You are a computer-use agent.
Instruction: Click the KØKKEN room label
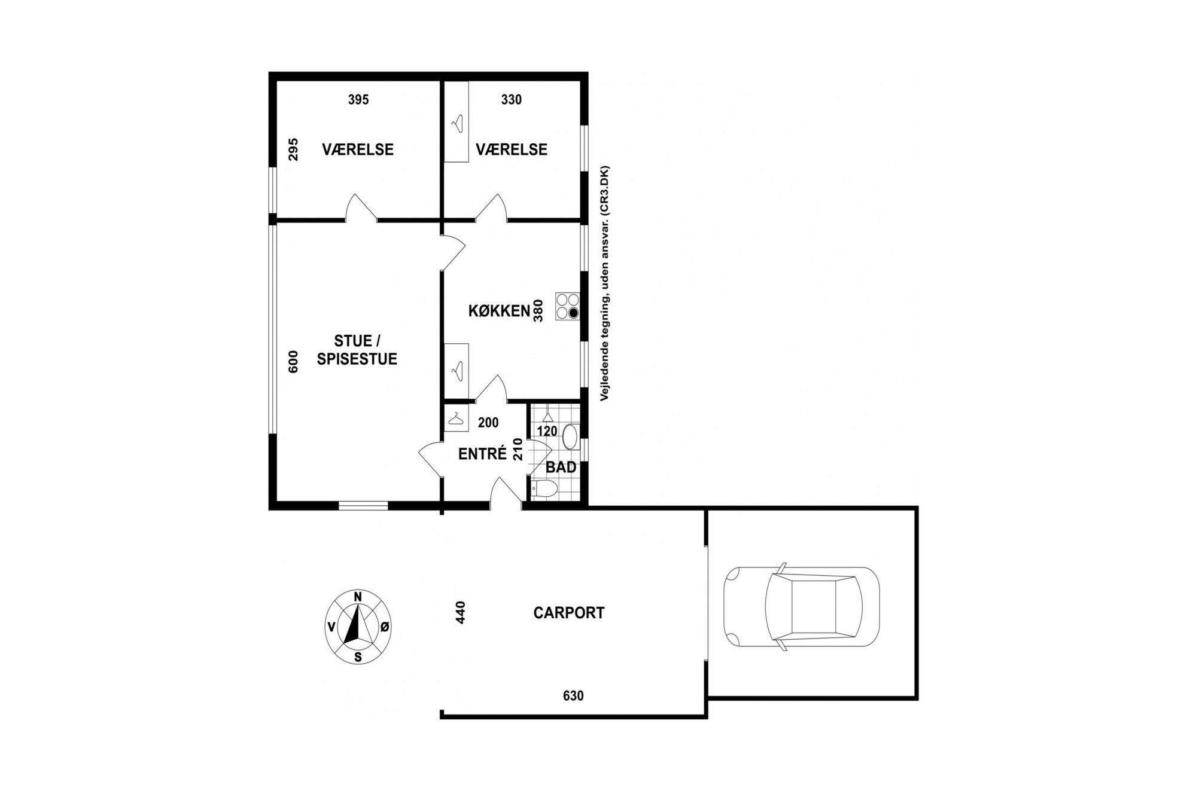[499, 311]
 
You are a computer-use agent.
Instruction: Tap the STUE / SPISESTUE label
[357, 350]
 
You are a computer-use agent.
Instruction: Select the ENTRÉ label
[482, 454]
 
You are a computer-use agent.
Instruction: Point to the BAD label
[561, 467]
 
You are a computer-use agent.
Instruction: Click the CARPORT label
[569, 613]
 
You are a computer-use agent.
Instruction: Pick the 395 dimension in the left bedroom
[358, 100]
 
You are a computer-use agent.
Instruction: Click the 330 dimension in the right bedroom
[512, 100]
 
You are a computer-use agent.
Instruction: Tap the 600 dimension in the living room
[293, 362]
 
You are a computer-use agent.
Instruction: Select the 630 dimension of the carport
[573, 695]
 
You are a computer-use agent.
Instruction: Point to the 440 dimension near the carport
[460, 613]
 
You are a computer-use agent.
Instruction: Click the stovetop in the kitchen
[567, 306]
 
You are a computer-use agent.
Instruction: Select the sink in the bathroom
[571, 436]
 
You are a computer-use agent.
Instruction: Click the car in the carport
[802, 607]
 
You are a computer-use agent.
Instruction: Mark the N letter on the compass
[358, 596]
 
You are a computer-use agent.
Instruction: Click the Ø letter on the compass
[385, 627]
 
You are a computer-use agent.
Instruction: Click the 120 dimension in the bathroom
[547, 431]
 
